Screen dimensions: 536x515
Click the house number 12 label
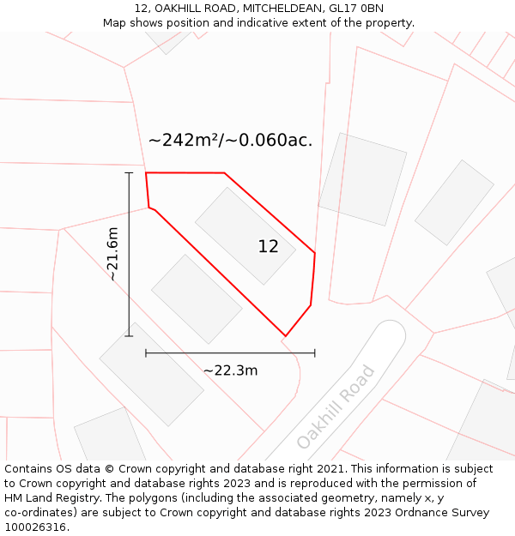268,247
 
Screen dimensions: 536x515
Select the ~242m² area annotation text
230,141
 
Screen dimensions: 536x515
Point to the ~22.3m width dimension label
230,370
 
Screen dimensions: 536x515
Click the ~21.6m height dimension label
112,255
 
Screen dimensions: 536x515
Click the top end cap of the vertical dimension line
130,173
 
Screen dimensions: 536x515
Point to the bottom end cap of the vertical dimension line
130,336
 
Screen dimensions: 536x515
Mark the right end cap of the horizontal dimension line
315,352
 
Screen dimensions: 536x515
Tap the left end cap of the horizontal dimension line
146,352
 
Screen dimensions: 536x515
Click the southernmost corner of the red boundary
285,335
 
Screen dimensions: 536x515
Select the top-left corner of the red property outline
146,172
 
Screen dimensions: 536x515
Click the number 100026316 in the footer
36,527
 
